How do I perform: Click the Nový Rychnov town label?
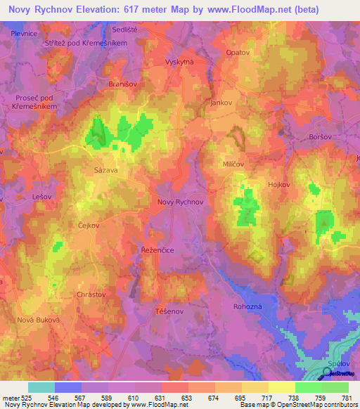coord(180,202)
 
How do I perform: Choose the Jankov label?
coord(221,103)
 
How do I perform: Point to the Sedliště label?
coord(127,30)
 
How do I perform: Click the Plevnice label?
coord(24,33)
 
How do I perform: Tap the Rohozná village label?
coord(247,306)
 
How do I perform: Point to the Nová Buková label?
coord(36,320)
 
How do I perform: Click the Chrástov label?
coord(91,295)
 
